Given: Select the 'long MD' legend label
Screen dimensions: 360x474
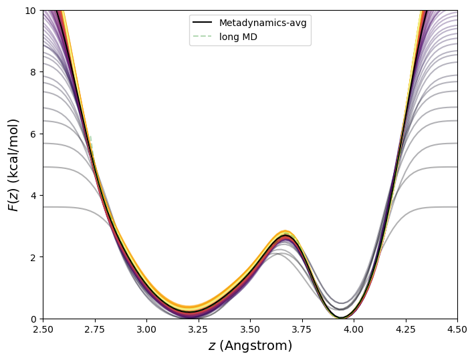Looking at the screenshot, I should click(x=238, y=37).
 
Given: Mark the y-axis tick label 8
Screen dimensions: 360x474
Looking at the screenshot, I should click(x=33, y=72).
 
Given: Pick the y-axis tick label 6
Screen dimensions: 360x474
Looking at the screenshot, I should click(x=33, y=134).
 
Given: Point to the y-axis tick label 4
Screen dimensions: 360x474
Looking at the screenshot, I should click(x=33, y=196).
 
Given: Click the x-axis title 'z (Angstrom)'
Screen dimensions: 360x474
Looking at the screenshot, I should click(x=250, y=346).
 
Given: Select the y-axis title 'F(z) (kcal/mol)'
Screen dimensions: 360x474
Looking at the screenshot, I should click(x=13, y=165).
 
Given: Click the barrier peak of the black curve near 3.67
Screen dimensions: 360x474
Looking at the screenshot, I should click(x=285, y=236).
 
